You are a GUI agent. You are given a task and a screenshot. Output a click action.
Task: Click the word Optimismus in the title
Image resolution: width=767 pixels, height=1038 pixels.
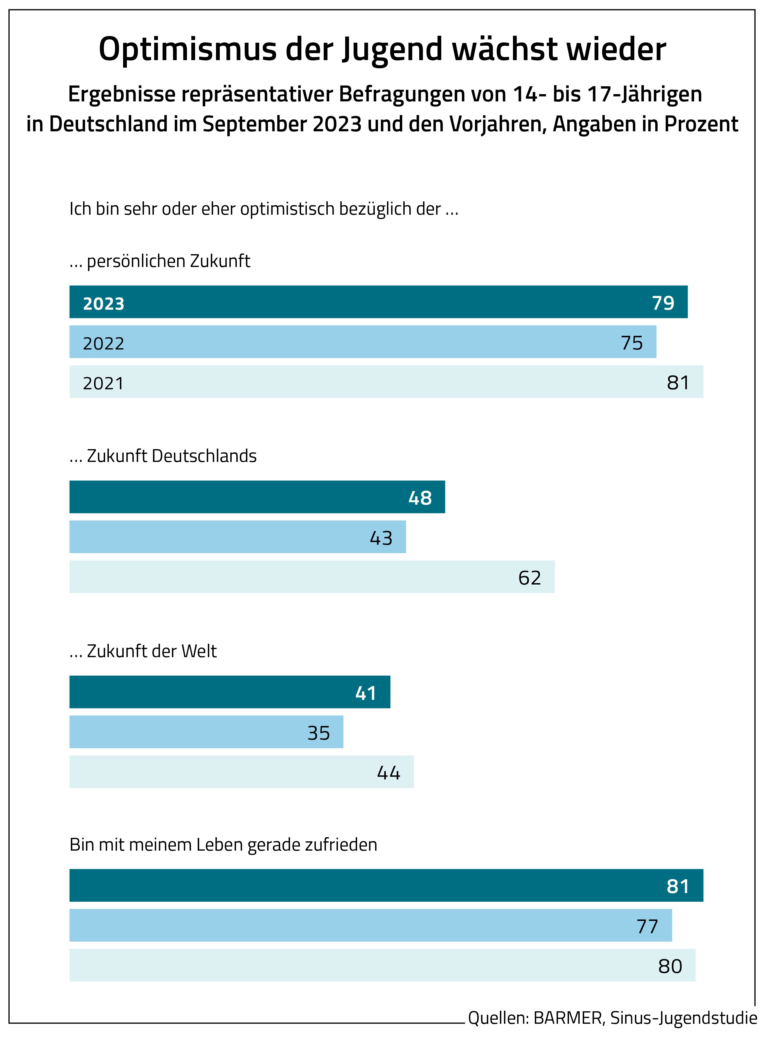click(x=188, y=50)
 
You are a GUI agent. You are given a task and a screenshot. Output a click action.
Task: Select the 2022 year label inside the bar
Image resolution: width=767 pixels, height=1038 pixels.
click(x=104, y=343)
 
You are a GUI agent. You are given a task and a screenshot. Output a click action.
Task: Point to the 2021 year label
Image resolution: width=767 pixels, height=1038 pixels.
click(x=104, y=383)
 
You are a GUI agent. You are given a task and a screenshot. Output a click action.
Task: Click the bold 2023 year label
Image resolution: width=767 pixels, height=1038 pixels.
click(x=104, y=303)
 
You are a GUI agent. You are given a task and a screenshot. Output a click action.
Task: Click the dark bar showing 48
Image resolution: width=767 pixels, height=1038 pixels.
click(x=257, y=497)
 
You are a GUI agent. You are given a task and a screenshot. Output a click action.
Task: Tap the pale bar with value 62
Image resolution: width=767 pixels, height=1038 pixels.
click(x=312, y=577)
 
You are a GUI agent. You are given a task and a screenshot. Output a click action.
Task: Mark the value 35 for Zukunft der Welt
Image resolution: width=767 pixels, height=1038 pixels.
click(x=318, y=733)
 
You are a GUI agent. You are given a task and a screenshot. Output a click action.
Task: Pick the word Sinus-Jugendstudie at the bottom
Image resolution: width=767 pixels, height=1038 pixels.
click(x=683, y=1018)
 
